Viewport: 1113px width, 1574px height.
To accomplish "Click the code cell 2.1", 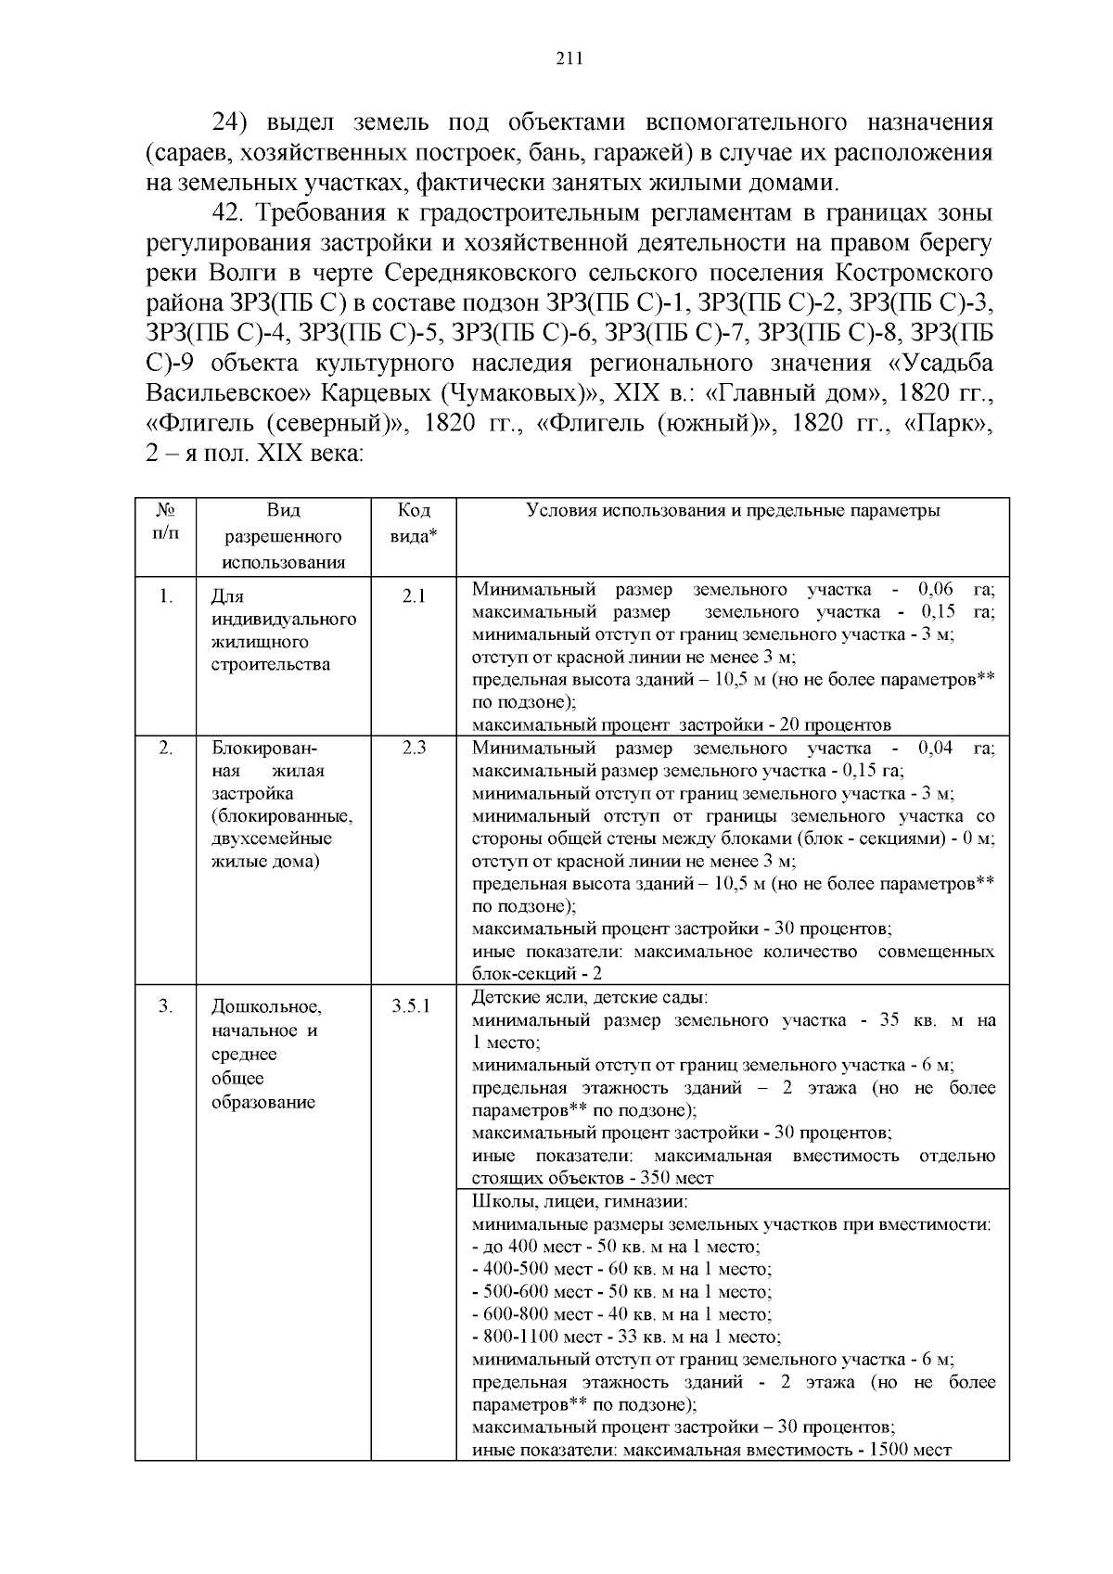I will [x=414, y=596].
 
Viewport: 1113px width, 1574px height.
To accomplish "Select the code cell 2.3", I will [x=414, y=748].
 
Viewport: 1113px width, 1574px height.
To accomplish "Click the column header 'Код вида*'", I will [x=414, y=523].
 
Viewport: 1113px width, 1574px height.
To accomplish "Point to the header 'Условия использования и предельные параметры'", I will [x=733, y=511].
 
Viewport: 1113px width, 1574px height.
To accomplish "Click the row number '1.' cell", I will [x=165, y=596].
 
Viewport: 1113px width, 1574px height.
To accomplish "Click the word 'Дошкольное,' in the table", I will [x=266, y=1007].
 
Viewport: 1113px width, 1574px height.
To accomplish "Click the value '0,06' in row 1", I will [x=935, y=590].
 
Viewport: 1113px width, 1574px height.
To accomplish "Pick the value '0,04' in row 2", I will [x=935, y=749].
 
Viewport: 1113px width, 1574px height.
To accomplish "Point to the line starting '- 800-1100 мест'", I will [x=626, y=1337].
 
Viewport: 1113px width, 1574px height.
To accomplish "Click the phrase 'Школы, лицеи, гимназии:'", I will [x=580, y=1202].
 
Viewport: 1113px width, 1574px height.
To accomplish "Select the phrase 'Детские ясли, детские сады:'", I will [x=590, y=998].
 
